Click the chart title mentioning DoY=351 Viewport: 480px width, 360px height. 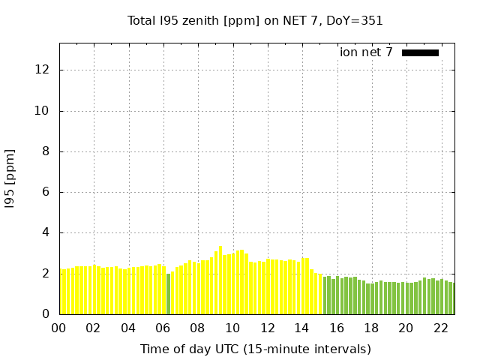pos(255,21)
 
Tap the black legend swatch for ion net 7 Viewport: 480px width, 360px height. pos(420,52)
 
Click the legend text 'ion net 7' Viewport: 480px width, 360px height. pos(366,52)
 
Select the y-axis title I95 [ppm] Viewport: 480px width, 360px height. pos(10,178)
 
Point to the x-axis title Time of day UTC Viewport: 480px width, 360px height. pos(255,349)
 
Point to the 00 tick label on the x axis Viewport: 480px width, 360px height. pos(59,328)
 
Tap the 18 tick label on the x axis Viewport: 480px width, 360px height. pos(372,328)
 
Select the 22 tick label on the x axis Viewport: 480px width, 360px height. pos(441,328)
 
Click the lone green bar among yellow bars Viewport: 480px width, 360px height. pos(168,294)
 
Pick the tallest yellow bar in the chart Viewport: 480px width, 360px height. pos(220,280)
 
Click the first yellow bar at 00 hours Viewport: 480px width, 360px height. pos(62,292)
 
